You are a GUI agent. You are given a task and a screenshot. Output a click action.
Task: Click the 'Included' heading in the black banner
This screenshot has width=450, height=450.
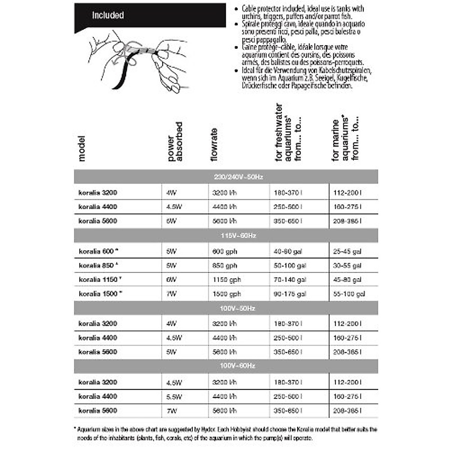pos(108,15)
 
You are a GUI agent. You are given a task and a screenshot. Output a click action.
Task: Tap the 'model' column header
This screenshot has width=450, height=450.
pos(82,148)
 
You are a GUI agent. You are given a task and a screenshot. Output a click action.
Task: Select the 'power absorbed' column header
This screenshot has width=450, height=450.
pos(175,142)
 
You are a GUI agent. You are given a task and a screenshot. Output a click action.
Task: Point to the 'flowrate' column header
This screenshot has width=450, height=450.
pos(214,145)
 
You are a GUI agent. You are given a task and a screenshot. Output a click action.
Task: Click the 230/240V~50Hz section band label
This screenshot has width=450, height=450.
pos(238,177)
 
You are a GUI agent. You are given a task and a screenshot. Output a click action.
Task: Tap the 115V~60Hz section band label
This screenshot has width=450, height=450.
pos(238,235)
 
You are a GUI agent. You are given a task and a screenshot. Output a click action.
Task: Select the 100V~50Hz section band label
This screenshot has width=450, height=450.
pos(237,308)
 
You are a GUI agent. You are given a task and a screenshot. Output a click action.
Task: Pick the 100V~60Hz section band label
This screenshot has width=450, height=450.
pos(237,365)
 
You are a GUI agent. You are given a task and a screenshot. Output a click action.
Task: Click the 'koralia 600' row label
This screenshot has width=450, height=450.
pos(96,251)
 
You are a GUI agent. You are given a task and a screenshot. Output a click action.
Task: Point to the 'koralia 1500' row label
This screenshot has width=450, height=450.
pos(99,294)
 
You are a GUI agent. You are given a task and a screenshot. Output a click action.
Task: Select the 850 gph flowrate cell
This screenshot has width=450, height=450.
pos(225,265)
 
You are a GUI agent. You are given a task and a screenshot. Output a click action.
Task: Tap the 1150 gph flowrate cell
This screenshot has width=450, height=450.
pos(226,280)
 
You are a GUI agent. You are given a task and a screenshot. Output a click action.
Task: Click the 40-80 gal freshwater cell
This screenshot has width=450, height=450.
pos(288,252)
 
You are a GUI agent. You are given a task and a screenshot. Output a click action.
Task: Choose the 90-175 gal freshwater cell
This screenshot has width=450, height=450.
pos(289,294)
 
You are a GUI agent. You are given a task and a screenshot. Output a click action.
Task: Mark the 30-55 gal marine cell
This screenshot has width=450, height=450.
pos(347,265)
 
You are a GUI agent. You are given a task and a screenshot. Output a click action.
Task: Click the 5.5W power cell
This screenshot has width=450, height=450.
pos(174,397)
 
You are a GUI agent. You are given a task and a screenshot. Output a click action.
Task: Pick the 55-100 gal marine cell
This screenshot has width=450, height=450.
pos(349,294)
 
